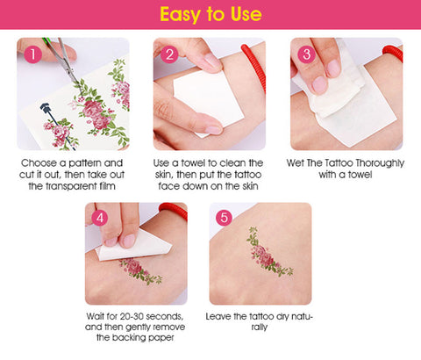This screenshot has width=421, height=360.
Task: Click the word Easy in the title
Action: (180, 15)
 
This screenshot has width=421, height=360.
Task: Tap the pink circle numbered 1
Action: (33, 54)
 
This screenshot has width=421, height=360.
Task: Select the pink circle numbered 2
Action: (169, 54)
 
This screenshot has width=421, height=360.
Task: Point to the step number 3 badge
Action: (306, 54)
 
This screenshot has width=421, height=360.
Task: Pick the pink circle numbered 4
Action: (100, 218)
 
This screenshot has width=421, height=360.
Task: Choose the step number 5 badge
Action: (224, 218)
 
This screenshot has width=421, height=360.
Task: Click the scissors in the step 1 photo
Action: (63, 59)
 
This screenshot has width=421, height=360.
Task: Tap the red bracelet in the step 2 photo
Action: (255, 66)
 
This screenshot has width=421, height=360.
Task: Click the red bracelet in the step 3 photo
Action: (394, 53)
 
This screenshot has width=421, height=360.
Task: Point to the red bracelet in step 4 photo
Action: (175, 210)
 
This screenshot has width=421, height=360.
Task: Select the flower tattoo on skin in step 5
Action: (268, 253)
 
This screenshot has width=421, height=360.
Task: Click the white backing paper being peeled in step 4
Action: (133, 246)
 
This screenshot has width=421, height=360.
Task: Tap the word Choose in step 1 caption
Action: (39, 163)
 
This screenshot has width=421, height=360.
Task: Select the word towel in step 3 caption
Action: (360, 175)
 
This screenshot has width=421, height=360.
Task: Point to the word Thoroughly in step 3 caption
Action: (381, 163)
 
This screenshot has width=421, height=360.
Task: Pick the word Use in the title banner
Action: (246, 14)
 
